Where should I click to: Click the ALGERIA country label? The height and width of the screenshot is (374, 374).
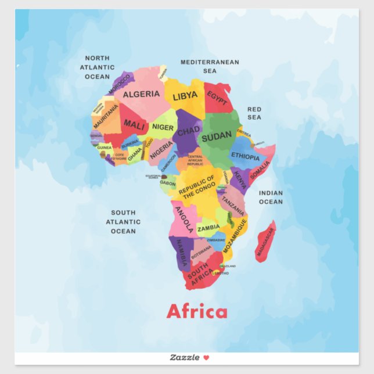[141, 94]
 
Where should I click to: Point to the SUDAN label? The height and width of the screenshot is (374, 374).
[216, 136]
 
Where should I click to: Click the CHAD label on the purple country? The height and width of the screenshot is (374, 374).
[188, 132]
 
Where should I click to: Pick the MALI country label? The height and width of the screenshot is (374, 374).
[134, 124]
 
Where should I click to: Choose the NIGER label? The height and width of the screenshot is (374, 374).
[163, 127]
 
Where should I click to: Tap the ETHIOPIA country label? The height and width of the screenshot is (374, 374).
[245, 157]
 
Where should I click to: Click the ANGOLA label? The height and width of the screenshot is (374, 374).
[184, 219]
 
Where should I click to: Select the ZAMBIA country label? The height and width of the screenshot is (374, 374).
[208, 228]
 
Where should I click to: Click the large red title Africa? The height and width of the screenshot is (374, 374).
[197, 311]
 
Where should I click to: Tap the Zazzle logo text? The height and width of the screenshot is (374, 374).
[185, 357]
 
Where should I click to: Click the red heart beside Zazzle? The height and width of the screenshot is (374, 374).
[206, 357]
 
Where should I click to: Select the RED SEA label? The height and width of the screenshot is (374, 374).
[254, 113]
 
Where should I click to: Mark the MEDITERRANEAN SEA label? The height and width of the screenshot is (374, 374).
[210, 66]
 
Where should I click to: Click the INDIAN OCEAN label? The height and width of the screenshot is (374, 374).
[271, 197]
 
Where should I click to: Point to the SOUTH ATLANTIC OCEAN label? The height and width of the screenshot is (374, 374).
[123, 222]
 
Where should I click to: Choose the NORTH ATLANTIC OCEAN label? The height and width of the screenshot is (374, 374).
[97, 67]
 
